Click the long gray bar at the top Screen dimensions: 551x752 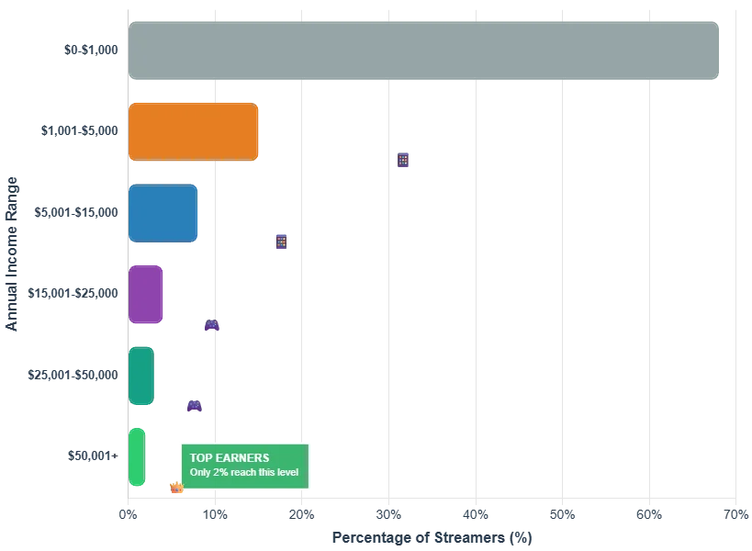coord(423,48)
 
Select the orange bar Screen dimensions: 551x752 coord(194,131)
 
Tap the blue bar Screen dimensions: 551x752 coord(163,212)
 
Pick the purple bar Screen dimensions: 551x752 coord(146,294)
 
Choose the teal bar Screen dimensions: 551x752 coord(140,375)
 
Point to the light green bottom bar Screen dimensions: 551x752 coord(137,455)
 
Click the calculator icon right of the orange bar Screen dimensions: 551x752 coord(403,159)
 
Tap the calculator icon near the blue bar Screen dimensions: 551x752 coord(280,240)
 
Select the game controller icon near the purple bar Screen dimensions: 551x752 coord(212,324)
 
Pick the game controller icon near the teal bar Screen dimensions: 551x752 coord(194,405)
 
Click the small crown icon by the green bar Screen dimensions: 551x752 coord(176,489)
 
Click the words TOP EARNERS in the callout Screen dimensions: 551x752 coord(230,457)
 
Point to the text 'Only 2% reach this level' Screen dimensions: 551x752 coord(244,473)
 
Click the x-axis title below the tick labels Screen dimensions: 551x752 coord(432,535)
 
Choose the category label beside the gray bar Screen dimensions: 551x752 coord(89,51)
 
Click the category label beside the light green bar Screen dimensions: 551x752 coord(93,455)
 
